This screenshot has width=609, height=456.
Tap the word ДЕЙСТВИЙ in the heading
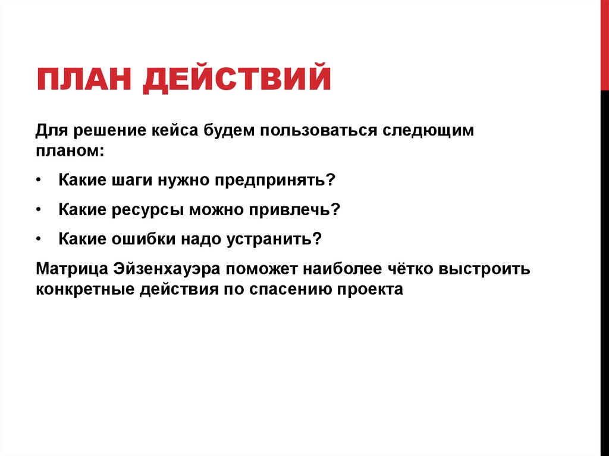pos(236,80)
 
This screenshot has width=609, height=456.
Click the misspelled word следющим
pos(428,131)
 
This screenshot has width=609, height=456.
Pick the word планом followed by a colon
pos(70,150)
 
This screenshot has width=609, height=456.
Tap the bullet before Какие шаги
pos(39,180)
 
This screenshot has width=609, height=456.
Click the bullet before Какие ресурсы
pos(39,209)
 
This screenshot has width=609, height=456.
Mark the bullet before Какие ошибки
pos(39,239)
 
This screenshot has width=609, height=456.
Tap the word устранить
pos(274,239)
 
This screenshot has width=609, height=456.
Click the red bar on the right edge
pos(604,45)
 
